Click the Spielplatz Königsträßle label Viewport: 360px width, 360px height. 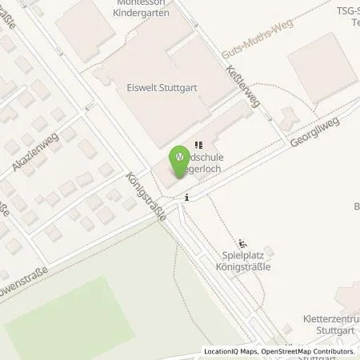[243, 261]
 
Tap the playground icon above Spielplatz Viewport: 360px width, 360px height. [244, 242]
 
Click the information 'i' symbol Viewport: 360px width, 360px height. [186, 197]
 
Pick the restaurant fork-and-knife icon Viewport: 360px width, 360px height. [198, 144]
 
